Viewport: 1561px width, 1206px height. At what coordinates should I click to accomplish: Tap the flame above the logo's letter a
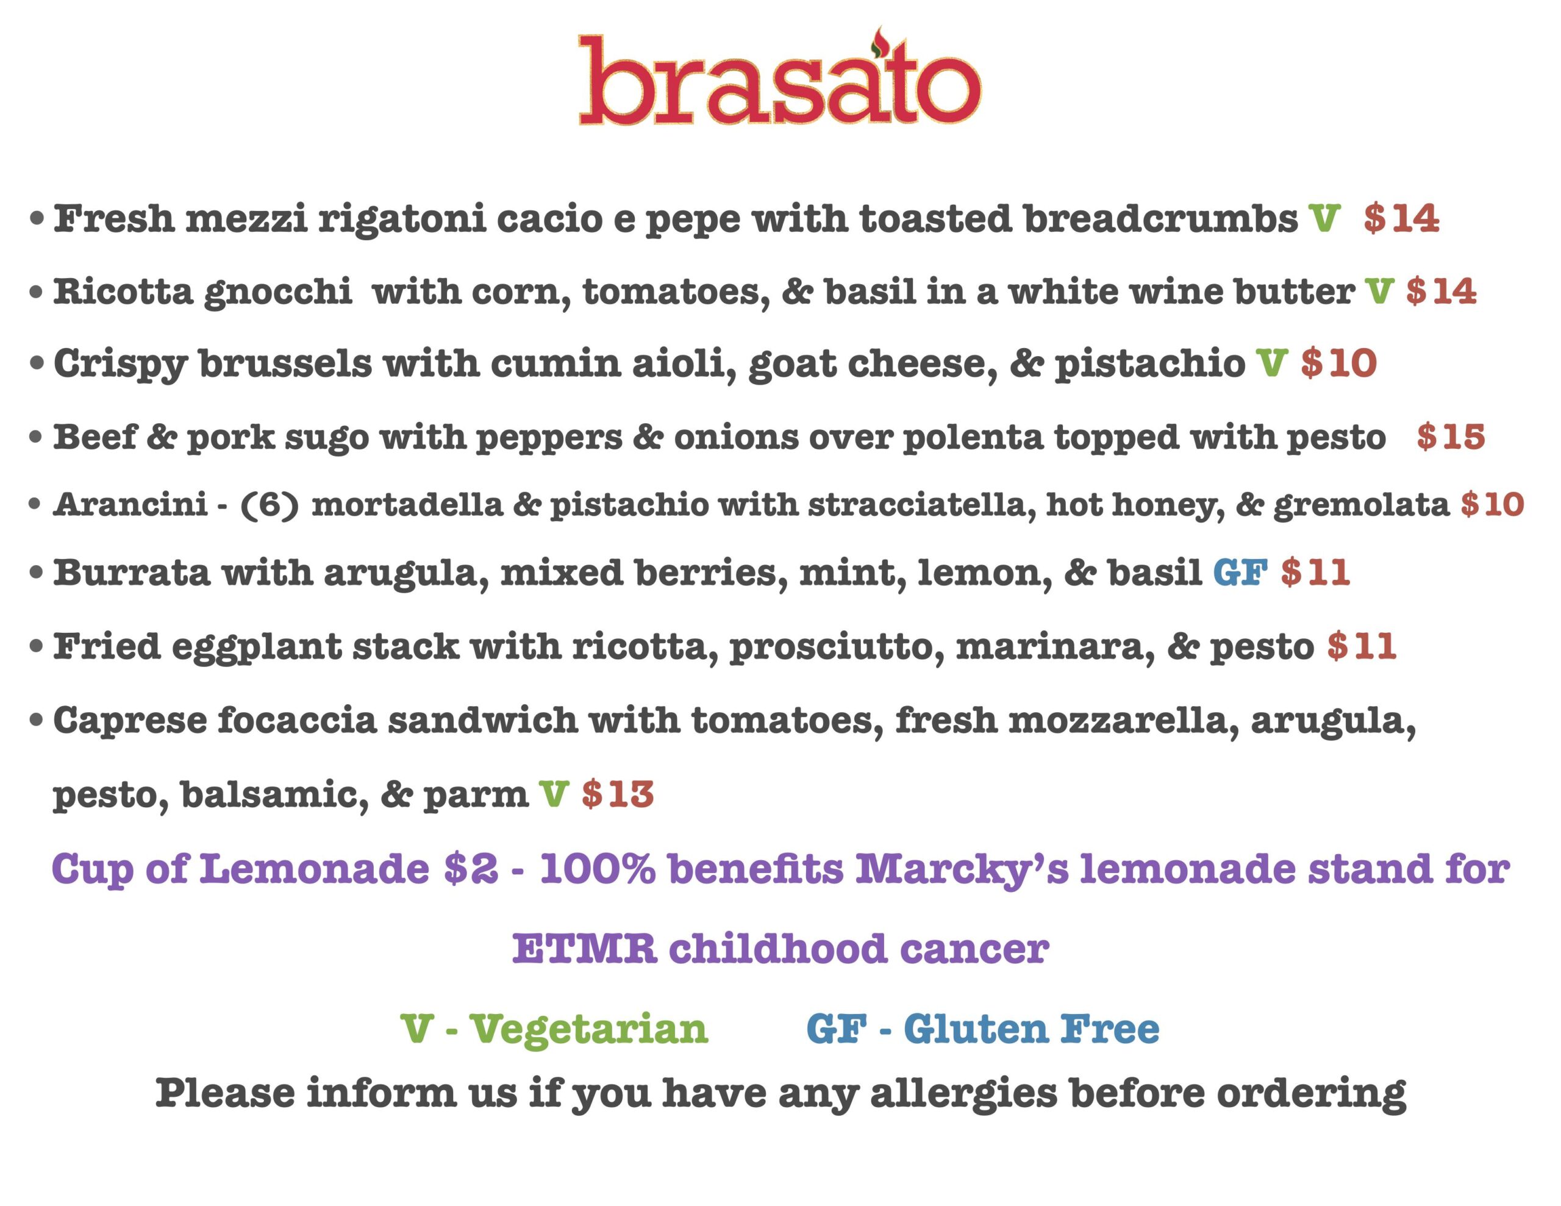click(879, 41)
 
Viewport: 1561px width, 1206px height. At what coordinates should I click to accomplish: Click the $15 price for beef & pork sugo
click(1451, 436)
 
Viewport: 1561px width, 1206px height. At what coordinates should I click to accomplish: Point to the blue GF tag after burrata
click(1240, 572)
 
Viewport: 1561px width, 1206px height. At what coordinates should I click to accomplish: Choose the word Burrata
click(132, 572)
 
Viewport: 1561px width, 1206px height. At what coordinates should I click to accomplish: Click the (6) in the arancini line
click(270, 505)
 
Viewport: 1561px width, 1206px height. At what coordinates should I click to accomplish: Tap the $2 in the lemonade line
click(470, 869)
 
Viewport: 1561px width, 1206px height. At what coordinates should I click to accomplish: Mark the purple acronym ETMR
click(585, 949)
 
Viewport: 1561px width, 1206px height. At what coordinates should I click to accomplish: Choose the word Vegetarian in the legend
click(588, 1029)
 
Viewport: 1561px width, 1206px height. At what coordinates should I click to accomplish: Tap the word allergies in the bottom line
click(964, 1095)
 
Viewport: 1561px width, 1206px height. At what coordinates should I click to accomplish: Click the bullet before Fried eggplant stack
click(37, 647)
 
